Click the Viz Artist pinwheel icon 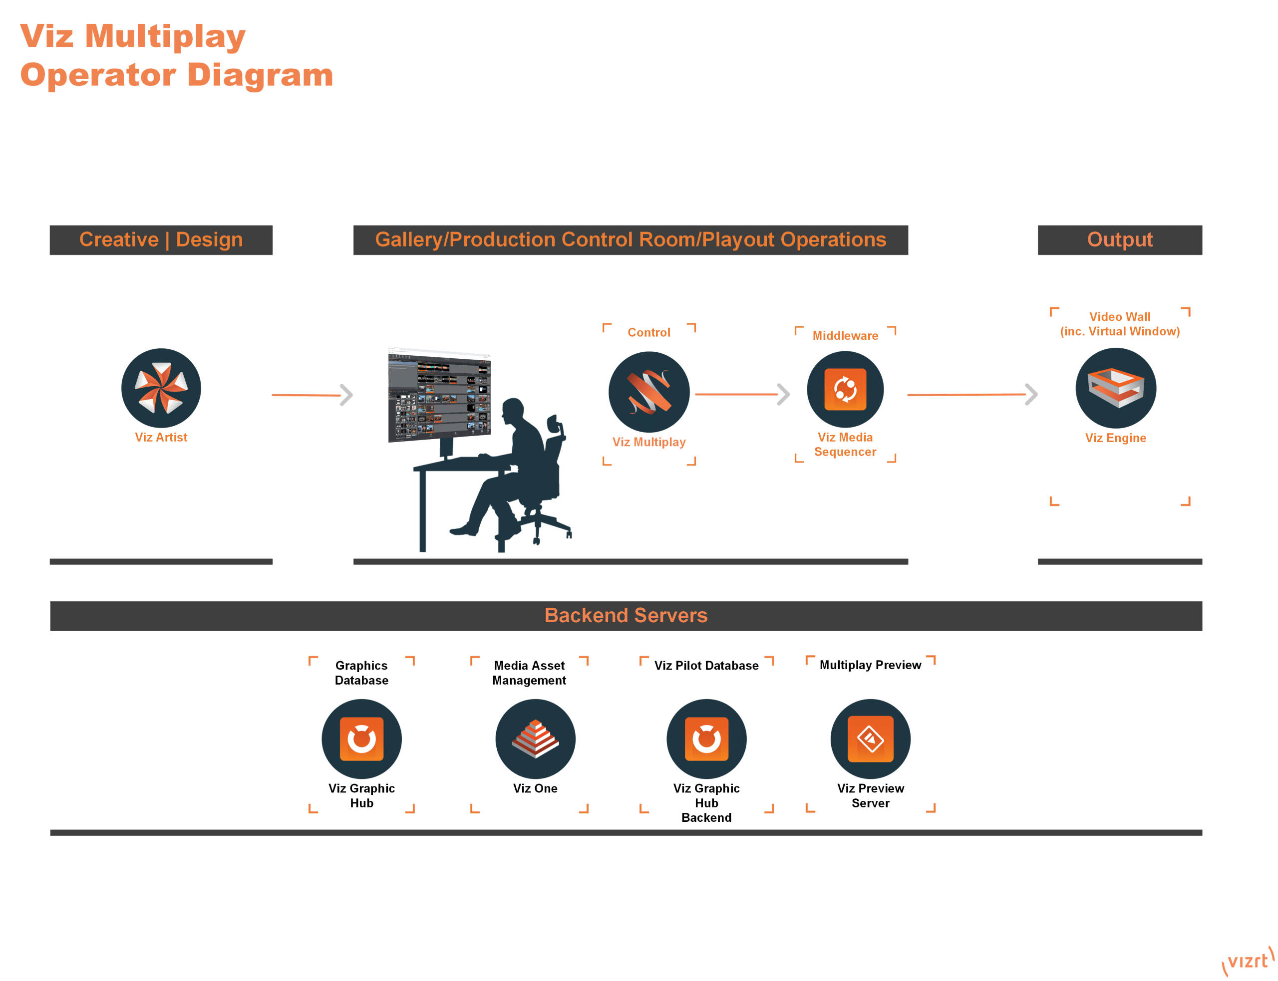[161, 388]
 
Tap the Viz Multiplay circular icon [649, 392]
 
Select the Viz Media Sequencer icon [845, 390]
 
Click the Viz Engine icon [1116, 388]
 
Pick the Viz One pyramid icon [536, 738]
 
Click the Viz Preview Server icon [870, 738]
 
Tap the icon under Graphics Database [361, 738]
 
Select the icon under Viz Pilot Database [706, 738]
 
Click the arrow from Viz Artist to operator [313, 395]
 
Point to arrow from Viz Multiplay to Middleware [742, 395]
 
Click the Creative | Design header [161, 240]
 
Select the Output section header [1120, 240]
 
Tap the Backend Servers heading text [626, 615]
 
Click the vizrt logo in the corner [1248, 961]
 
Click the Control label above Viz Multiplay [648, 332]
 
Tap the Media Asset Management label [529, 673]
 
